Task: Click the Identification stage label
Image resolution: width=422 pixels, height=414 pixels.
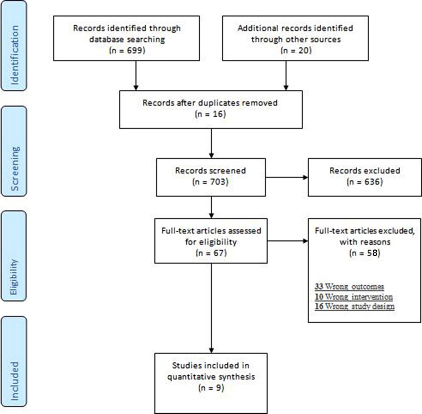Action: tap(15, 55)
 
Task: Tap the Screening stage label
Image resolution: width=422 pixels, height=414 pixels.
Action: tap(15, 169)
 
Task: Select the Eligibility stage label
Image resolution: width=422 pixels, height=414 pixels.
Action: tap(14, 277)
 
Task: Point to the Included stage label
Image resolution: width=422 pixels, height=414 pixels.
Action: tap(15, 381)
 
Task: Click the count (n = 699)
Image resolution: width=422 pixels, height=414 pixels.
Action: tap(127, 50)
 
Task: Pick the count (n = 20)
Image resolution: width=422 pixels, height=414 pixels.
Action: tap(296, 50)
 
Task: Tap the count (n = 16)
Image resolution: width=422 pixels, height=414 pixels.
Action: tap(210, 114)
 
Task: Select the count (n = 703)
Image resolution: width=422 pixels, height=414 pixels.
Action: tap(210, 182)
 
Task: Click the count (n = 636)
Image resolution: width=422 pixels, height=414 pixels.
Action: tap(365, 182)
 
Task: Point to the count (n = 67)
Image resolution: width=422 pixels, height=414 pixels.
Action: tap(211, 253)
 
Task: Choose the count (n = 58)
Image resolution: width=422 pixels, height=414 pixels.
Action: tap(365, 253)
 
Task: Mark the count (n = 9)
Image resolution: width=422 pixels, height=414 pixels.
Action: tap(211, 388)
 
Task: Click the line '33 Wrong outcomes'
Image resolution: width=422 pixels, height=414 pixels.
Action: tap(349, 286)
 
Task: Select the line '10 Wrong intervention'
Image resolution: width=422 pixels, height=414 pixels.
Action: tap(354, 297)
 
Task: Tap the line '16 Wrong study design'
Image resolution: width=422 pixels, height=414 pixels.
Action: tap(354, 306)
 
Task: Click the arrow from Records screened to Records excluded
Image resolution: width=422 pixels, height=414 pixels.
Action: tap(287, 177)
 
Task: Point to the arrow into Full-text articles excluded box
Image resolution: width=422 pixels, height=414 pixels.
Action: tap(288, 241)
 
